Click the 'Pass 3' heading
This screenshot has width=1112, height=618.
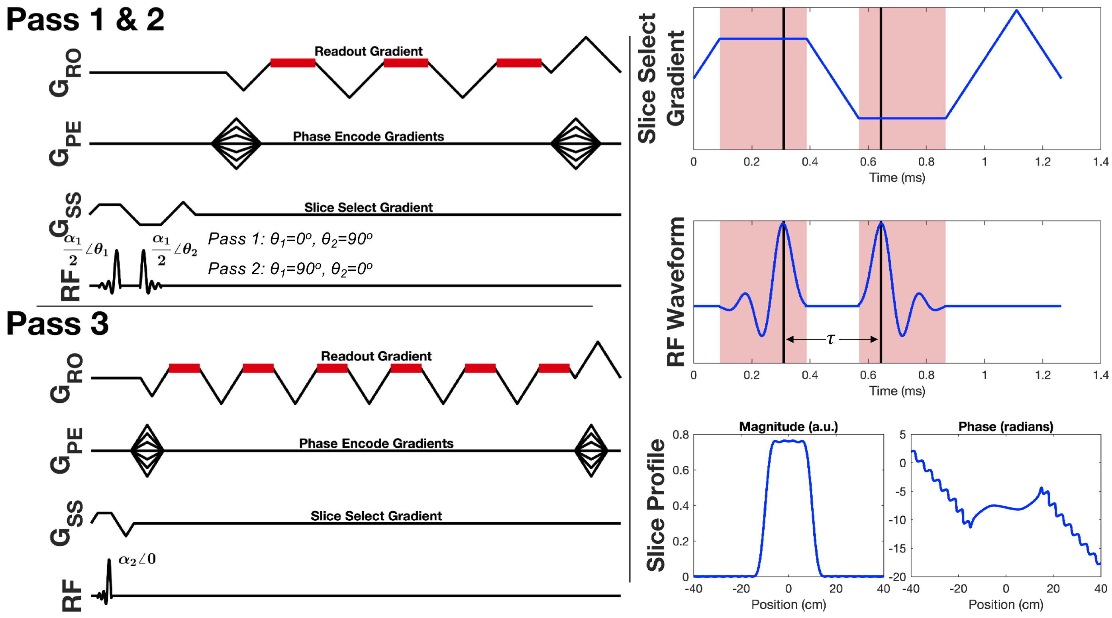click(57, 323)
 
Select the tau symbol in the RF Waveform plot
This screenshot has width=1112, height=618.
click(831, 339)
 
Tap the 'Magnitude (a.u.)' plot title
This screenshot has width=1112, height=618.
click(788, 427)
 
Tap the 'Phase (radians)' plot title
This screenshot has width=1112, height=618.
click(1005, 427)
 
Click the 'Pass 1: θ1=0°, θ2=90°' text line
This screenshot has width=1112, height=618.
click(290, 239)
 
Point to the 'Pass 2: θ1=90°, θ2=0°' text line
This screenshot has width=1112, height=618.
click(290, 269)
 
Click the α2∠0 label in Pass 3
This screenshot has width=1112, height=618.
click(137, 559)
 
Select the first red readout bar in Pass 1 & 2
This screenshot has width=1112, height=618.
click(293, 63)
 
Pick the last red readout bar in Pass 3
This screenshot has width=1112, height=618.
click(554, 368)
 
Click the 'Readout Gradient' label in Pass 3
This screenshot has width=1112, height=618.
click(376, 356)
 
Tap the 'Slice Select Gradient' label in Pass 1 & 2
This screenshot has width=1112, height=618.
click(368, 207)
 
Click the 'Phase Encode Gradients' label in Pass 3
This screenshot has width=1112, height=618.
click(376, 443)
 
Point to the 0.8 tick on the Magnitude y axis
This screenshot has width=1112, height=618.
click(681, 435)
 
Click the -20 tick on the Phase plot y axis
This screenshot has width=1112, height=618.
click(898, 577)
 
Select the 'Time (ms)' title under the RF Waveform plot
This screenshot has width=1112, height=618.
click(896, 391)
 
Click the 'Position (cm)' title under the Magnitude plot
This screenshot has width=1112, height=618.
click(788, 604)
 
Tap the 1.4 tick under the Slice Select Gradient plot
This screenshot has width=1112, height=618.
click(1100, 162)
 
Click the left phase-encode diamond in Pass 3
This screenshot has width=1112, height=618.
click(147, 451)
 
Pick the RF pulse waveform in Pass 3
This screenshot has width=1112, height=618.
click(108, 581)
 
